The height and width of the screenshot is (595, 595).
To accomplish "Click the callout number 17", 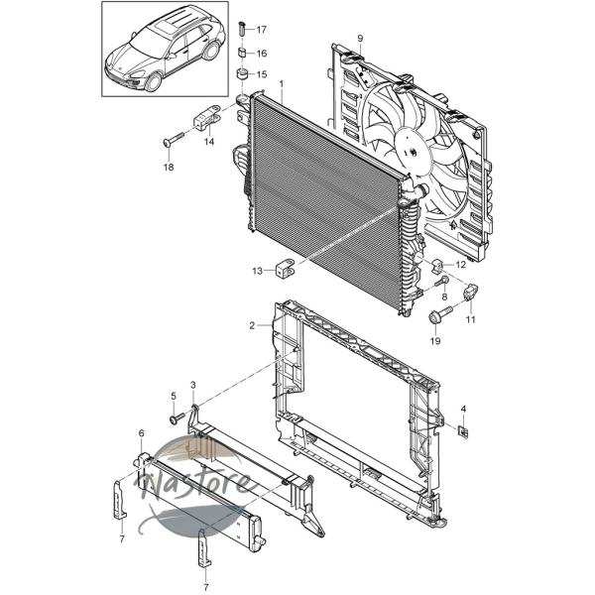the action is click(x=262, y=29).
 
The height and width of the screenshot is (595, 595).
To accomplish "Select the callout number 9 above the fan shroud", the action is click(x=360, y=38).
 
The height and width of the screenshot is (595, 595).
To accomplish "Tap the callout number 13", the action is click(x=257, y=271).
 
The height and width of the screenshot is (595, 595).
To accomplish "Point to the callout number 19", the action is click(x=435, y=341).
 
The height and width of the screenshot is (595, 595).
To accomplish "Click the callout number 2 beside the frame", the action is click(x=252, y=325).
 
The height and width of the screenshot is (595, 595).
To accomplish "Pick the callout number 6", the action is click(x=142, y=433).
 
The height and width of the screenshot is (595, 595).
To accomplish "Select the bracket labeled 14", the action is click(x=208, y=116).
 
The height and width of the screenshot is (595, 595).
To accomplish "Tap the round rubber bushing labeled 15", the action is click(x=242, y=73).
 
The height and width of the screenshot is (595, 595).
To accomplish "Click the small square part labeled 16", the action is click(x=242, y=53).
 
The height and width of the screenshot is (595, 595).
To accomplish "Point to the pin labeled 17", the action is click(x=242, y=29).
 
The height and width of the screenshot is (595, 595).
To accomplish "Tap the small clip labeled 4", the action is click(x=464, y=431).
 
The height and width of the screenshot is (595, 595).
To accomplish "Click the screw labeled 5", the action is click(x=177, y=418).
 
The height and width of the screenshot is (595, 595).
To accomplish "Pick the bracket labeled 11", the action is click(x=470, y=293).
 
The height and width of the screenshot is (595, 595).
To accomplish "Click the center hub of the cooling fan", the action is click(x=413, y=151).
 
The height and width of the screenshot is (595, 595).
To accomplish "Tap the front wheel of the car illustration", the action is click(x=153, y=82).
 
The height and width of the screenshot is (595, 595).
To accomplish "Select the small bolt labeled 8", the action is click(x=442, y=283).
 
